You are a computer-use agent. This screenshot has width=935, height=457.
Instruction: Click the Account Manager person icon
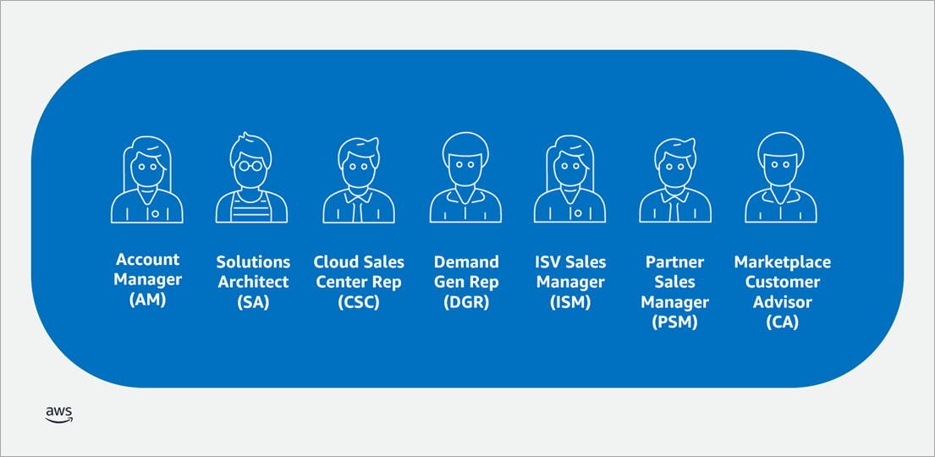pyautogui.click(x=146, y=179)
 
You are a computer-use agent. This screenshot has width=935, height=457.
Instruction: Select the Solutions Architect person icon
pyautogui.click(x=251, y=179)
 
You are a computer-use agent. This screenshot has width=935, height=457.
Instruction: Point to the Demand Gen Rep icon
pyautogui.click(x=465, y=179)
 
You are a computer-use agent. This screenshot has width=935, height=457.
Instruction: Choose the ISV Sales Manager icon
pyautogui.click(x=570, y=179)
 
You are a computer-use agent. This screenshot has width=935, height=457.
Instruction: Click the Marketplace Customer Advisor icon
pyautogui.click(x=780, y=179)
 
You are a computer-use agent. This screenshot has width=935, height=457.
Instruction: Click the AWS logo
pyautogui.click(x=59, y=414)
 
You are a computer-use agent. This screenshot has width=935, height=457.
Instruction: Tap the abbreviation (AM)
pyautogui.click(x=147, y=300)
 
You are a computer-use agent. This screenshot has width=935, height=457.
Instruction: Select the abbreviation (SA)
pyautogui.click(x=253, y=302)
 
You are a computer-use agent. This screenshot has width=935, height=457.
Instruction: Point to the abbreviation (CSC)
pyautogui.click(x=359, y=302)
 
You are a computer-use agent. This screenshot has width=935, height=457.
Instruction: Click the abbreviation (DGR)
pyautogui.click(x=465, y=302)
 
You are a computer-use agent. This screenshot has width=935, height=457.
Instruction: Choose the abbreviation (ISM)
pyautogui.click(x=570, y=302)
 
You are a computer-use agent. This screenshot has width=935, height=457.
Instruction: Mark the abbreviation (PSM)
pyautogui.click(x=675, y=322)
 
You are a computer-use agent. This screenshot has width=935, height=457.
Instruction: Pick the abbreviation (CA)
pyautogui.click(x=783, y=322)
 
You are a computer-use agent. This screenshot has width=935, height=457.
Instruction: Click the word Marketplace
pyautogui.click(x=783, y=262)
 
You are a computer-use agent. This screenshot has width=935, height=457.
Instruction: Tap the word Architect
pyautogui.click(x=254, y=282)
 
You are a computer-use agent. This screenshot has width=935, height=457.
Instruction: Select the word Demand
pyautogui.click(x=465, y=262)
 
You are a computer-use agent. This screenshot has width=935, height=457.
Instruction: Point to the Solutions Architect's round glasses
pyautogui.click(x=251, y=165)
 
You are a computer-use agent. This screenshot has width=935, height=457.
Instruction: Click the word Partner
pyautogui.click(x=675, y=262)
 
